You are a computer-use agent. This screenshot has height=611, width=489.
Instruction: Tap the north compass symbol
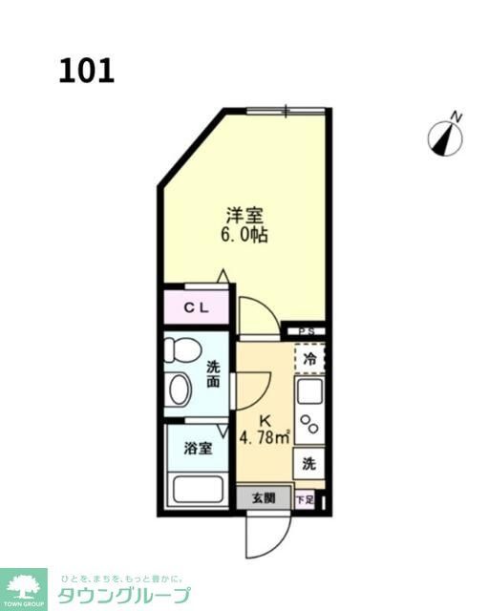(x=445, y=137)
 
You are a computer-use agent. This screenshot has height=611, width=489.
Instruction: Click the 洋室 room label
(x=245, y=214)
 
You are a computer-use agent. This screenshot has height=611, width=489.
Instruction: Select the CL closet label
(x=196, y=307)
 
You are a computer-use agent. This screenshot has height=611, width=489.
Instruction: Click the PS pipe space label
(x=307, y=331)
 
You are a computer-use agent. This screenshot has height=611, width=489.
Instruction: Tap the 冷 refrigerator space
(x=309, y=359)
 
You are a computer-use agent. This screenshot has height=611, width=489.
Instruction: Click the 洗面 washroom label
(x=213, y=373)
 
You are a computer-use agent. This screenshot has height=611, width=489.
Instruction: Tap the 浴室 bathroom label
(x=199, y=446)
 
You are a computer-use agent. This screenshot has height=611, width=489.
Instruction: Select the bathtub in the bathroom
(x=197, y=490)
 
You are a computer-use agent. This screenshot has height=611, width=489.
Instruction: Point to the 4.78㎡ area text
(x=264, y=440)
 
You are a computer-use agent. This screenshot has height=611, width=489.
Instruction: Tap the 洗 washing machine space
(x=308, y=464)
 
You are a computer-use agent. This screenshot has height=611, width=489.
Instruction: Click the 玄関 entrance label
(x=264, y=497)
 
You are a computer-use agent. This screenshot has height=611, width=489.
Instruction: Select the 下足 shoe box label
(x=304, y=498)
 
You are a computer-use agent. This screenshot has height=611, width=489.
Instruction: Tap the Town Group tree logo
(x=24, y=583)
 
